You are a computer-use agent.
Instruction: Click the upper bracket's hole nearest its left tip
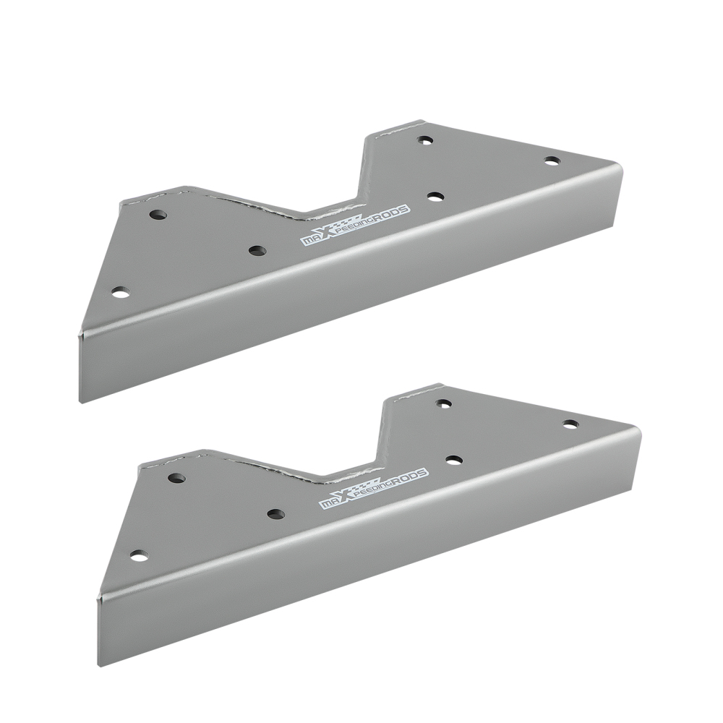(121, 292)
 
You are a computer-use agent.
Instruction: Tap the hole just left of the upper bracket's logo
(257, 250)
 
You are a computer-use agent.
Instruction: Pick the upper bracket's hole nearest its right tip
(552, 161)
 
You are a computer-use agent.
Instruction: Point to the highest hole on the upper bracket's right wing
(424, 140)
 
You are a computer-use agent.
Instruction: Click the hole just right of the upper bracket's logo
(435, 195)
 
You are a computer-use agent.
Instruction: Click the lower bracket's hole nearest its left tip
(140, 555)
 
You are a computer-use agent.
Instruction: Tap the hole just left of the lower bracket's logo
(275, 514)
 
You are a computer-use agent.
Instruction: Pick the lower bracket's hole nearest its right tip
(570, 424)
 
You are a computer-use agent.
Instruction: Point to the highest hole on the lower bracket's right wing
(443, 403)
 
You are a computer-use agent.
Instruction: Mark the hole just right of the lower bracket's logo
(454, 459)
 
